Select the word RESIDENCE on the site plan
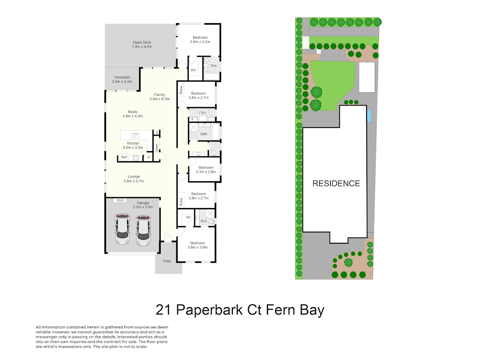(x=336, y=183)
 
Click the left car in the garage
(x=122, y=229)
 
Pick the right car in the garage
(x=143, y=231)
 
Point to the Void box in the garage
(x=120, y=200)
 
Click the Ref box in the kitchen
(x=124, y=157)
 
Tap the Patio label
(x=167, y=261)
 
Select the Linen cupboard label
(x=156, y=148)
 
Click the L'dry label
(x=202, y=112)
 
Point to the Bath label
(x=204, y=134)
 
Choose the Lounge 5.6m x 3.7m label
(x=134, y=178)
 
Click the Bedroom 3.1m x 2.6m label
(x=206, y=170)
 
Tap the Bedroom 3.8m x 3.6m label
(x=198, y=245)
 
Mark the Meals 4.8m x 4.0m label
(x=132, y=114)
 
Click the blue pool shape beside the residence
(x=369, y=116)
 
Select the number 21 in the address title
(x=163, y=310)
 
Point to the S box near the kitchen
(x=157, y=132)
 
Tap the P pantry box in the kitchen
(x=149, y=158)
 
